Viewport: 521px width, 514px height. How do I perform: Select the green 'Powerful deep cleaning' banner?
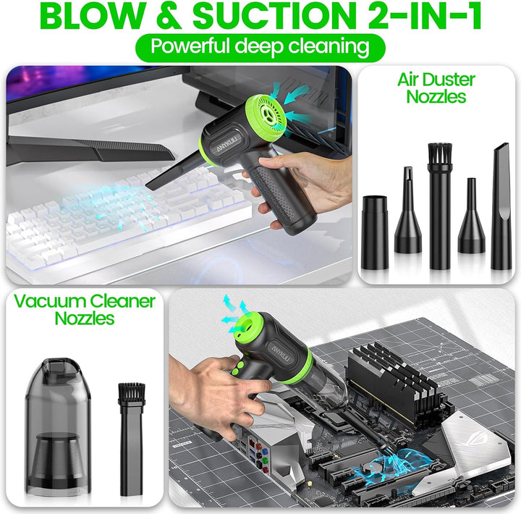coord(260,47)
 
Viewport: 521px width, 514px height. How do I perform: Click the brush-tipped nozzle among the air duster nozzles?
coord(438,203)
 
